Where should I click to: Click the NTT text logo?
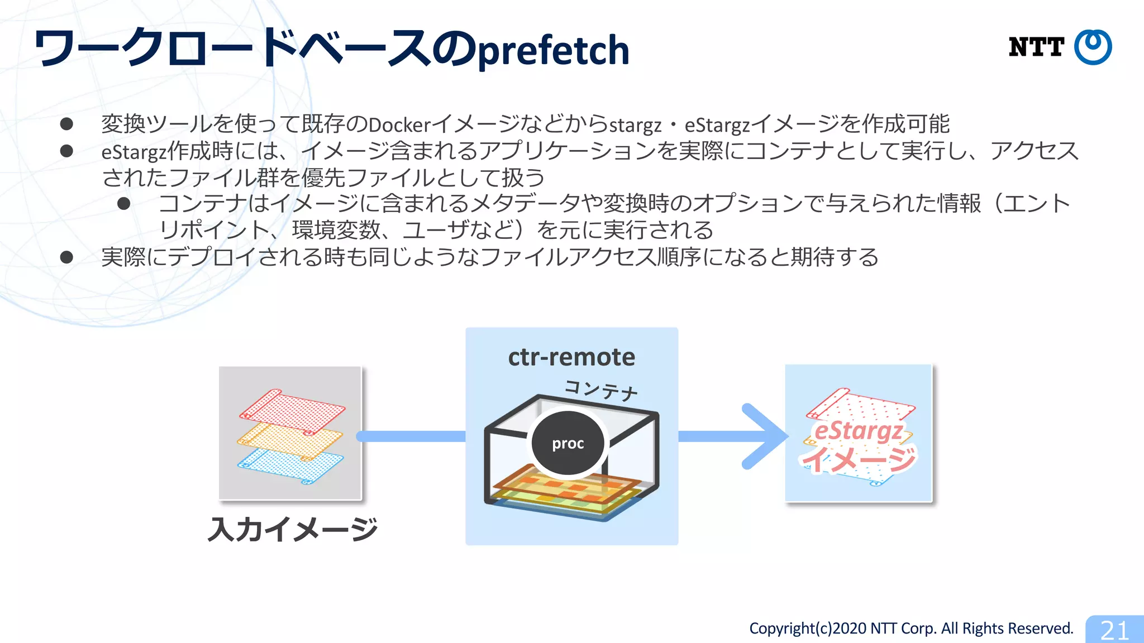1036,47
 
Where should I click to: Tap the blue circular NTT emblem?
1093,47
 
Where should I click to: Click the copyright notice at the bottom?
911,628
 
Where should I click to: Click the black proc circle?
568,443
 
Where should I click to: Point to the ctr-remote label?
571,357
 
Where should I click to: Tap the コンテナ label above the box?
601,389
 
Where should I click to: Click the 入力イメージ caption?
292,529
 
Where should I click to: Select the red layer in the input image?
292,411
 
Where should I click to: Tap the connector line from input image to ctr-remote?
411,436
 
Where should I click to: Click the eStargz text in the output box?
859,431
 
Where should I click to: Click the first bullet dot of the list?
66,124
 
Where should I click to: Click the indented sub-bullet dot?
124,204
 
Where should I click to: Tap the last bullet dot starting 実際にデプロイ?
66,257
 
